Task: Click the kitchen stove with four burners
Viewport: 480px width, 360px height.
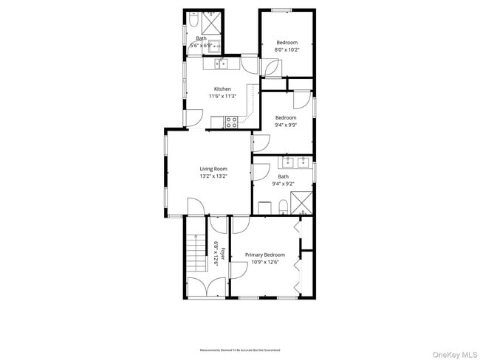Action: coord(231,122)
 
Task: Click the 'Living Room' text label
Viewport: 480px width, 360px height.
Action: coord(213,169)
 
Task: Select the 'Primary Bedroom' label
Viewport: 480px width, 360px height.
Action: coord(265,255)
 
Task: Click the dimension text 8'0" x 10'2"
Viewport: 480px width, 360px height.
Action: coord(287,50)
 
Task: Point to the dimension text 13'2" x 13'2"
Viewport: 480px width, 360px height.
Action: coord(213,176)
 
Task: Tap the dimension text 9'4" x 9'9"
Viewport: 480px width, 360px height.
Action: coord(286,125)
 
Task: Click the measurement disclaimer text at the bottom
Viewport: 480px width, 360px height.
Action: coord(240,350)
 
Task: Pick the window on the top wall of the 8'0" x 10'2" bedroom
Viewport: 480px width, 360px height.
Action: coord(280,10)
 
